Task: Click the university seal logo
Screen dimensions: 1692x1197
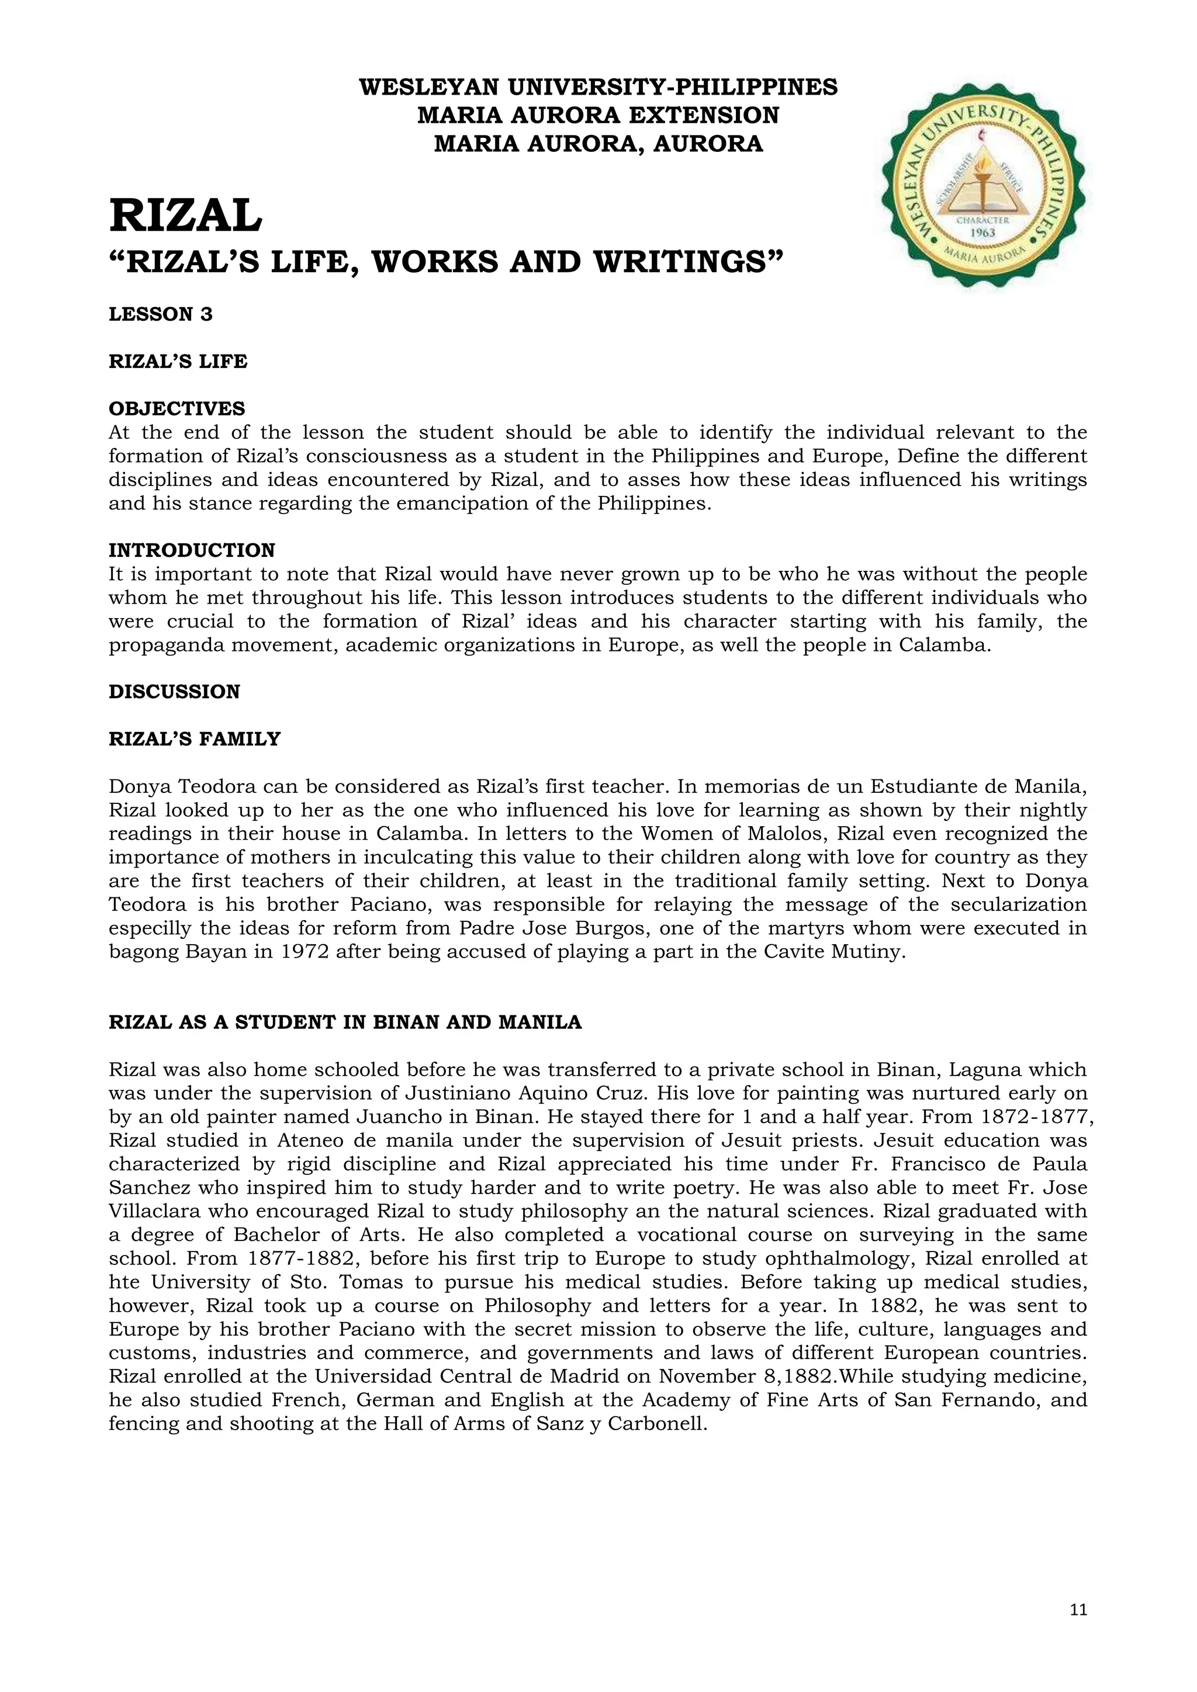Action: (983, 186)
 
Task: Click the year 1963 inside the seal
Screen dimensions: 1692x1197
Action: (983, 233)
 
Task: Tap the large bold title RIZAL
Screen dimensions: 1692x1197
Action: (185, 216)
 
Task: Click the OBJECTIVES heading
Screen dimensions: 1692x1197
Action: (177, 408)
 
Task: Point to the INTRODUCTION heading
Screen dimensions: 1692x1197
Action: (192, 550)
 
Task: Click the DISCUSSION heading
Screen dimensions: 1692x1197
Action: (175, 691)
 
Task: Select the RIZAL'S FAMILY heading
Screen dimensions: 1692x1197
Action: (195, 738)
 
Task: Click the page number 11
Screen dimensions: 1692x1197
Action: (1078, 1610)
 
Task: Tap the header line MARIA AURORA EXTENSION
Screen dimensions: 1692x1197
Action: (598, 115)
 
